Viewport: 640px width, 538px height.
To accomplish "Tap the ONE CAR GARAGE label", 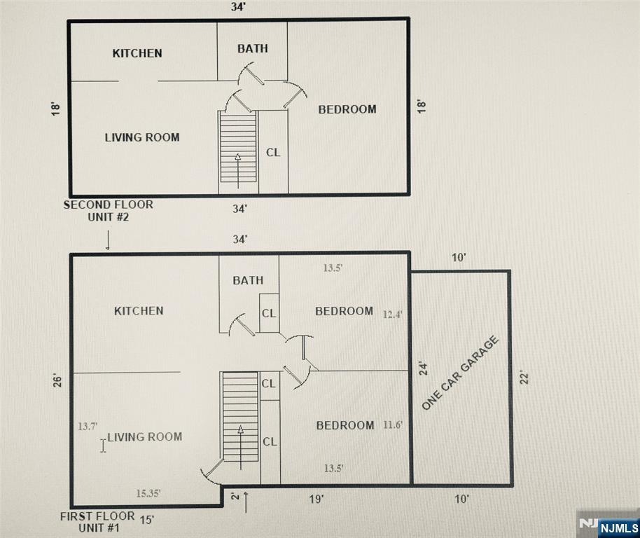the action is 460,373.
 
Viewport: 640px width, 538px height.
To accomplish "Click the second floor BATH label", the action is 253,48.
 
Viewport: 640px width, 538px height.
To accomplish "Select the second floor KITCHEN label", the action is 137,53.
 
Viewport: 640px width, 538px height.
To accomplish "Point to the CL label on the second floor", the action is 273,152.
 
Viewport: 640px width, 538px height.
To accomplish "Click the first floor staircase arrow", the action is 241,448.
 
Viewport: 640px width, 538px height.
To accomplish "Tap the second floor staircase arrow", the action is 238,171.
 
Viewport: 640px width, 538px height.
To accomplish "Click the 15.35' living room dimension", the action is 148,493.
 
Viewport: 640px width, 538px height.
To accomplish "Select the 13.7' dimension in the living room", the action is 88,426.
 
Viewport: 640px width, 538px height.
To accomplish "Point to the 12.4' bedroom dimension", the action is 393,315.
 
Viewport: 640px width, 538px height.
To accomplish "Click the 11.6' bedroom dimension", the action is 393,425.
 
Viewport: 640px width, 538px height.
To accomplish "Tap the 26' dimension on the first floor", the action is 57,381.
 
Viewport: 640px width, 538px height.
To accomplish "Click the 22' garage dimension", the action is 524,377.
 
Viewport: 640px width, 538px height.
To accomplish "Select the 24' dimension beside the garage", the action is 424,368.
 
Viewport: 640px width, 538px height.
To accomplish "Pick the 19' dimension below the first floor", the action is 316,499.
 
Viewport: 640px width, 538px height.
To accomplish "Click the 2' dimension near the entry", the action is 235,497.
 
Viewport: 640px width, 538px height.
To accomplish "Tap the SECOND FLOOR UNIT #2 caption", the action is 108,211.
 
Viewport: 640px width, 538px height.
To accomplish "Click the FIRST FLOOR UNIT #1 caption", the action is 98,522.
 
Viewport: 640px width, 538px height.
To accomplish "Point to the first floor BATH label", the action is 248,280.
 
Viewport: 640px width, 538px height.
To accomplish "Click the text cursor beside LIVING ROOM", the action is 103,446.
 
